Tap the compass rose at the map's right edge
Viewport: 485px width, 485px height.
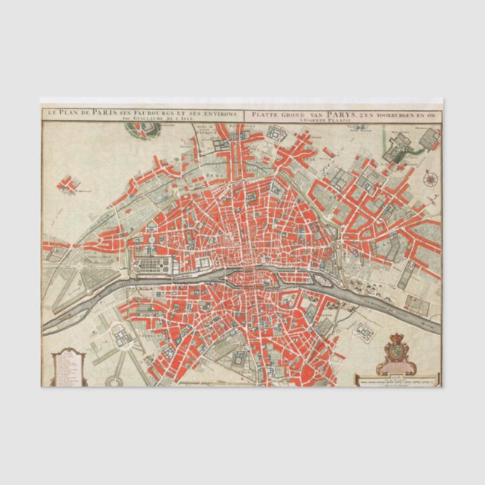(x=431, y=178)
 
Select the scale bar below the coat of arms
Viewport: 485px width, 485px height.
(x=396, y=381)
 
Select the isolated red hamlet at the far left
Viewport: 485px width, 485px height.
(x=70, y=183)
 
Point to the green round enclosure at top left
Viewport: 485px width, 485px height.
(x=140, y=129)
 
